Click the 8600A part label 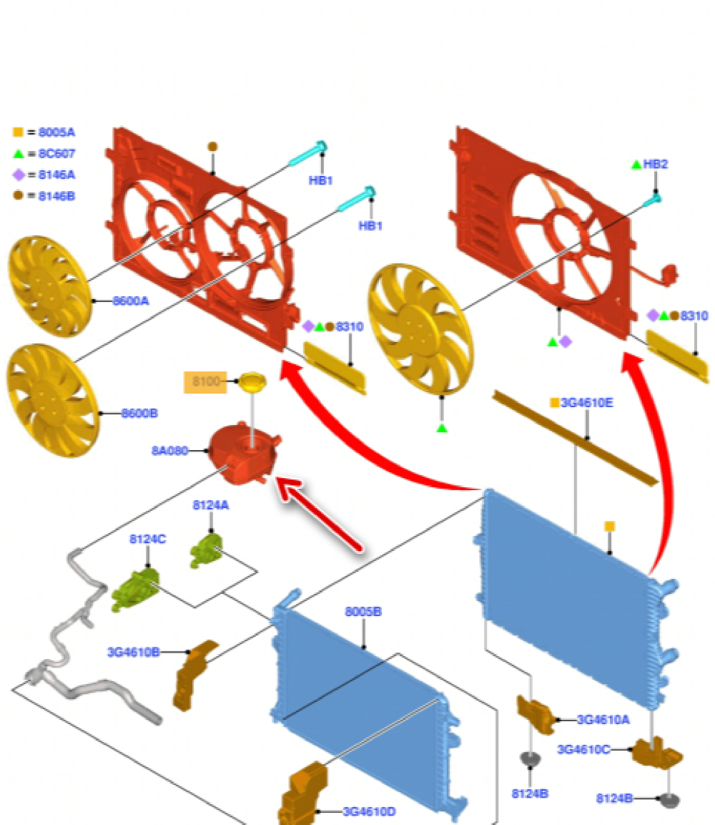coord(131,301)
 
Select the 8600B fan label coord(139,413)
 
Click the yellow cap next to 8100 coord(252,381)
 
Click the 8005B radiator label coord(363,612)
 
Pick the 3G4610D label coord(369,811)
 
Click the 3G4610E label coord(586,403)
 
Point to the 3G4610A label coord(603,720)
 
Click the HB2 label coord(655,164)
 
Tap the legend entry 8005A coord(56,132)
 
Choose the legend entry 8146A coord(56,174)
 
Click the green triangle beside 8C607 coord(19,153)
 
